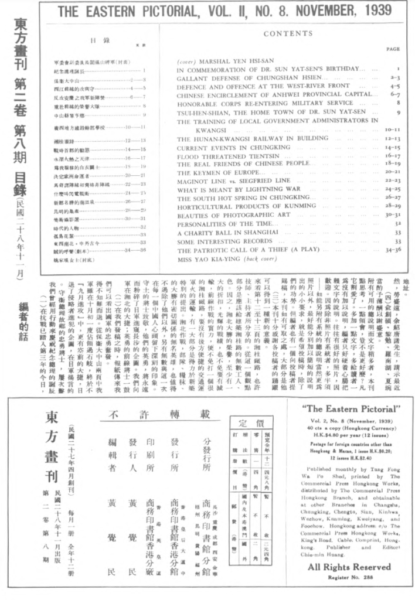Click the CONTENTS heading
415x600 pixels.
(288, 34)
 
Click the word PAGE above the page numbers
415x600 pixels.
(393, 50)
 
